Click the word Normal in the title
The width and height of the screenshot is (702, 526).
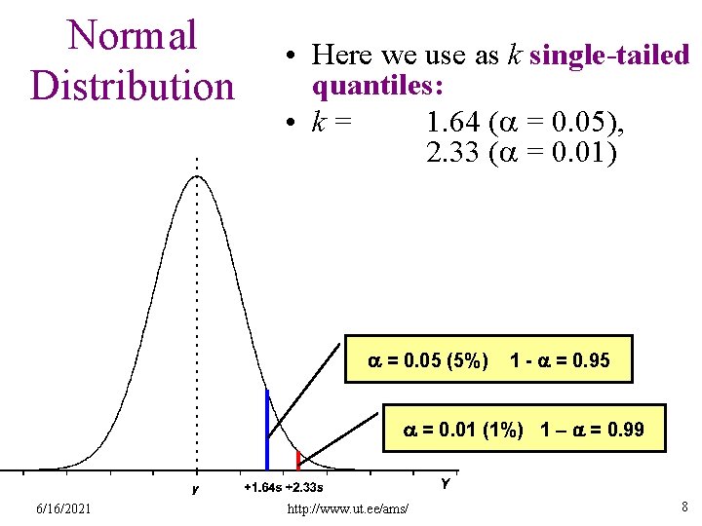(132, 36)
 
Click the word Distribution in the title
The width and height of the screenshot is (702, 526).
(133, 85)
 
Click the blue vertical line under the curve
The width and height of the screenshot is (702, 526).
(266, 429)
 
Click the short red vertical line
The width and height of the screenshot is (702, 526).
(298, 460)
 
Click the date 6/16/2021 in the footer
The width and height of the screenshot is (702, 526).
(64, 508)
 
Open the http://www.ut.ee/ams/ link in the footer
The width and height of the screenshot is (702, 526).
(348, 509)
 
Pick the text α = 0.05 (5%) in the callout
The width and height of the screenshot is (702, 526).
(427, 361)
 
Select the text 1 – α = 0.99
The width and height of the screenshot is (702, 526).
(592, 430)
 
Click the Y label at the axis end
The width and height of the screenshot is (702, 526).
(446, 483)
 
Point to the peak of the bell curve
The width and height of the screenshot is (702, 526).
(196, 177)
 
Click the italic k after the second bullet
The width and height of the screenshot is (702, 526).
(318, 124)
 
